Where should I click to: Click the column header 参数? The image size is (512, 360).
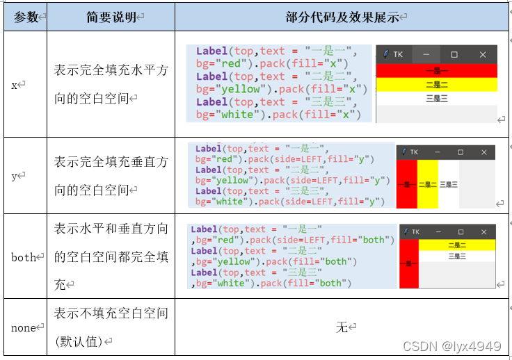[26, 17]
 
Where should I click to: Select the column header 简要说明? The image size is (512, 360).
[111, 17]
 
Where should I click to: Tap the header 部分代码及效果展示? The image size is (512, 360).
[342, 17]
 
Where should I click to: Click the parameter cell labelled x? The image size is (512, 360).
[14, 85]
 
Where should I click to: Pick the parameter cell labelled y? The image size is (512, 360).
[14, 176]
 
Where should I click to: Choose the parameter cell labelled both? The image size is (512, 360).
[24, 257]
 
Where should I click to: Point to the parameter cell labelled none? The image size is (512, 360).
[24, 327]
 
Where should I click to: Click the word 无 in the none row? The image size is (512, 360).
[342, 327]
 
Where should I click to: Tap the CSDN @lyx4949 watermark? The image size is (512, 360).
[452, 346]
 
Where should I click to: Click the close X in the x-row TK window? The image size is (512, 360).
[483, 54]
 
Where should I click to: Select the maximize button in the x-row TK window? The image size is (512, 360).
[454, 54]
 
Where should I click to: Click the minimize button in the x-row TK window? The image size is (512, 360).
[426, 54]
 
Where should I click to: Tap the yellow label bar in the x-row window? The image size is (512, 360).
[437, 85]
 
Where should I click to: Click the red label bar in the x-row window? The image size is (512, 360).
[437, 71]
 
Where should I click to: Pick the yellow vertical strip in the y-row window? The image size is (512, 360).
[428, 184]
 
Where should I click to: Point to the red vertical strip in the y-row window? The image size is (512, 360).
[407, 184]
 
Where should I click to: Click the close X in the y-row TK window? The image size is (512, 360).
[484, 152]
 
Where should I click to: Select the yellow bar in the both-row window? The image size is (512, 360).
[457, 245]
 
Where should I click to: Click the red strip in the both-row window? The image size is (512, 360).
[409, 264]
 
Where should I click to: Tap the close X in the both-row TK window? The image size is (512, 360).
[484, 232]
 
